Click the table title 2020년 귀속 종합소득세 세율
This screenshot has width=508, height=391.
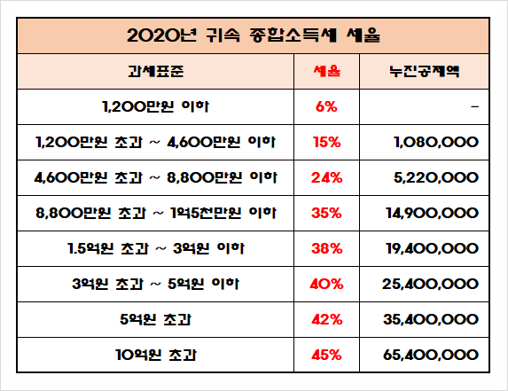(x=254, y=35)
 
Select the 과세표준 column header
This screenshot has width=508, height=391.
(x=156, y=71)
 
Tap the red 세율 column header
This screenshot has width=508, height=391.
(x=326, y=71)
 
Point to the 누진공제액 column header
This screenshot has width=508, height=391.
(x=425, y=71)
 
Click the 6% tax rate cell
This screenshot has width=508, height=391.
(x=326, y=106)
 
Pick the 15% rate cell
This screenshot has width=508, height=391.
(x=326, y=142)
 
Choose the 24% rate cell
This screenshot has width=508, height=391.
(x=326, y=177)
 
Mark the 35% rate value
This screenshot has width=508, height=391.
(x=326, y=213)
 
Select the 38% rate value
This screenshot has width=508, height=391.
(x=326, y=248)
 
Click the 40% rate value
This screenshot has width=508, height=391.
(x=326, y=284)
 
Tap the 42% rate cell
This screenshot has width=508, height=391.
(x=326, y=320)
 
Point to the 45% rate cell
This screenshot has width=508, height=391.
(x=326, y=355)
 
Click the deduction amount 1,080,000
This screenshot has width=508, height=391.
(x=436, y=142)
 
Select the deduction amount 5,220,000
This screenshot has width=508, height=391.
(x=436, y=177)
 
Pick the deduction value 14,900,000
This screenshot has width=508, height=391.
(x=432, y=213)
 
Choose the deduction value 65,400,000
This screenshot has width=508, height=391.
(x=431, y=355)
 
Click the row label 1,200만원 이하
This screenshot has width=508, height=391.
(x=155, y=106)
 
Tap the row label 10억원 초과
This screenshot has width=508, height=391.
(x=156, y=355)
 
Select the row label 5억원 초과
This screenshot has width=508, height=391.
(x=155, y=320)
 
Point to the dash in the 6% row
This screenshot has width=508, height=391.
(x=475, y=106)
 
